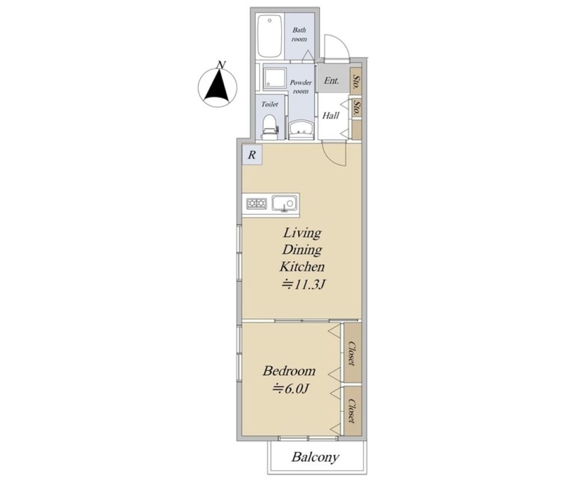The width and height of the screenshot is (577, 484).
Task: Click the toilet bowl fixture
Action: pyautogui.click(x=269, y=127)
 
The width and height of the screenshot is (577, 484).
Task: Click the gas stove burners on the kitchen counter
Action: pyautogui.click(x=257, y=204)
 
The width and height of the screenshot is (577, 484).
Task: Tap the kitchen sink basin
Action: pyautogui.click(x=284, y=203)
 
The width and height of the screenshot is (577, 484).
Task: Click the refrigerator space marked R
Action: pyautogui.click(x=252, y=154)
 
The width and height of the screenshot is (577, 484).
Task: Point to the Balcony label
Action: pyautogui.click(x=316, y=457)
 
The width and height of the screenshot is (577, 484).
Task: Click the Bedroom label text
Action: pyautogui.click(x=289, y=371)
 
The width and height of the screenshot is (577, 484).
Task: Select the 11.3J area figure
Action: pyautogui.click(x=304, y=284)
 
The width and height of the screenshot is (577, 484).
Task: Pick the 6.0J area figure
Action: pyautogui.click(x=290, y=389)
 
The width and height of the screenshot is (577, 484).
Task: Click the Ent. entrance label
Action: pyautogui.click(x=332, y=80)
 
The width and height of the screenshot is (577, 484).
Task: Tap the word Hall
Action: pyautogui.click(x=331, y=115)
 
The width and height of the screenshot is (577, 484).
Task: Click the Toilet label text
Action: pyautogui.click(x=270, y=104)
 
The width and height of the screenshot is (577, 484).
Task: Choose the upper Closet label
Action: pyautogui.click(x=353, y=354)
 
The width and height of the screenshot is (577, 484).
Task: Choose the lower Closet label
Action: pyautogui.click(x=353, y=411)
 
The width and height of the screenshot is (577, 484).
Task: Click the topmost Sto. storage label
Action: pyautogui.click(x=356, y=82)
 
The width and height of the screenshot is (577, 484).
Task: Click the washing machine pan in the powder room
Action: pyautogui.click(x=275, y=78)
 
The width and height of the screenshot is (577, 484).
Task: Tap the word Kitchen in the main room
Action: pyautogui.click(x=302, y=267)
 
